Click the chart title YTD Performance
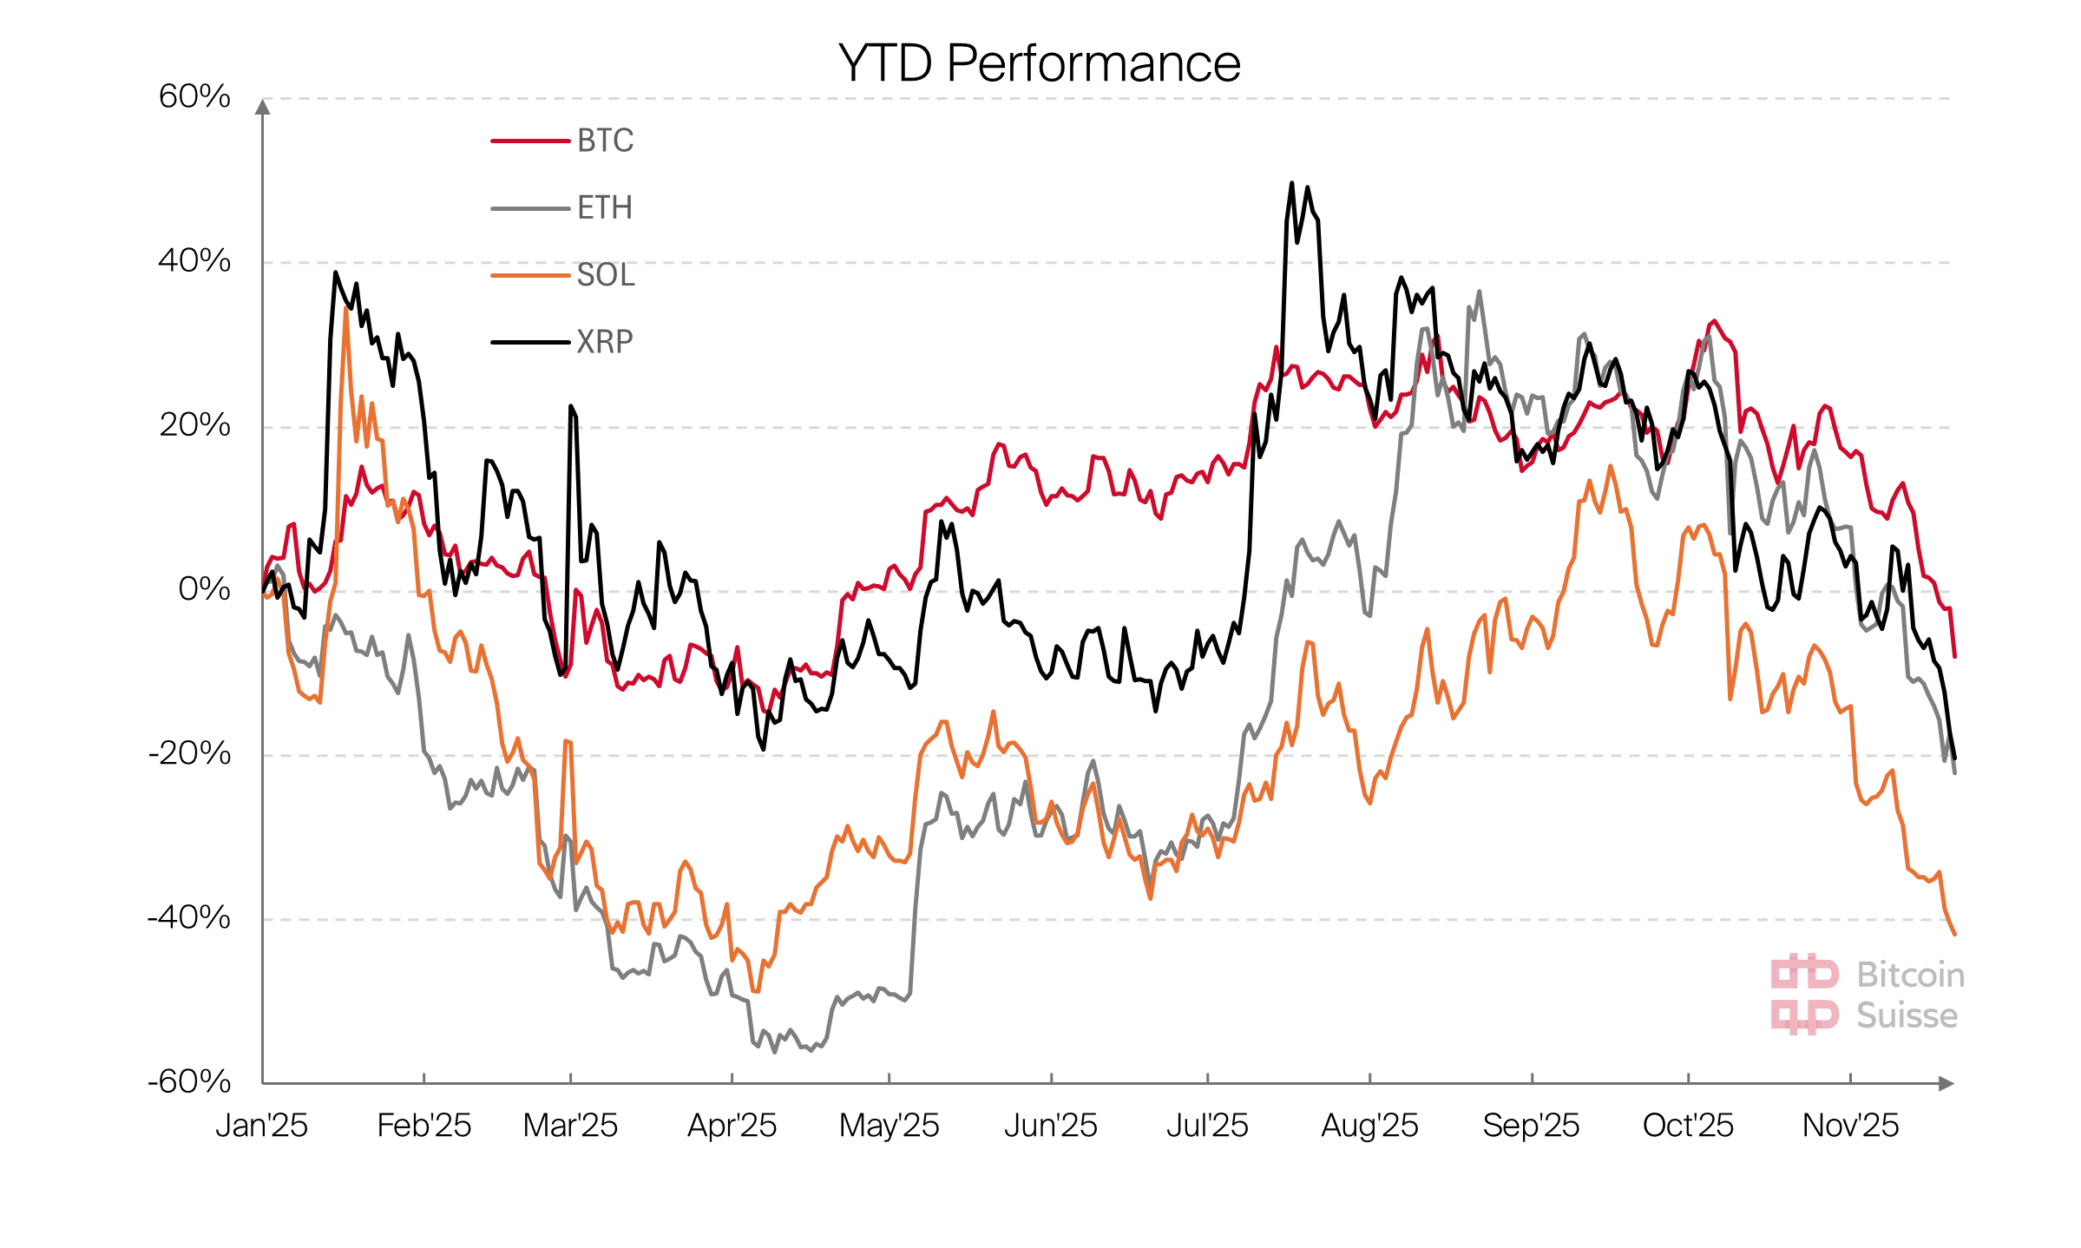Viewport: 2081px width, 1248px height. point(1039,63)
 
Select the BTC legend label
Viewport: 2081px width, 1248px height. point(605,141)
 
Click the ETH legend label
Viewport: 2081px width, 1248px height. point(604,208)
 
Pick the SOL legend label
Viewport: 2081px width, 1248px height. point(606,275)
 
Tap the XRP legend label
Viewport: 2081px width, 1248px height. point(605,342)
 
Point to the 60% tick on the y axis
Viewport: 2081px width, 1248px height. point(194,96)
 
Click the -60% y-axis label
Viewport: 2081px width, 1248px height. point(189,1081)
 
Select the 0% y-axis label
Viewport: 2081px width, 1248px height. point(204,589)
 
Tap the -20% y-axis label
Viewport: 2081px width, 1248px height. point(189,753)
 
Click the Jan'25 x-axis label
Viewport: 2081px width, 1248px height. point(261,1126)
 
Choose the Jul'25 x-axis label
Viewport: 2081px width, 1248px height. point(1206,1126)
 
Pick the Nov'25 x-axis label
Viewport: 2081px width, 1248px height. point(1850,1126)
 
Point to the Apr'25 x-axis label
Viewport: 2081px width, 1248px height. point(732,1126)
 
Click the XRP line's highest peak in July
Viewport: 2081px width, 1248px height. point(1291,183)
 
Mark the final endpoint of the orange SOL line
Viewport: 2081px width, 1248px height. point(1954,935)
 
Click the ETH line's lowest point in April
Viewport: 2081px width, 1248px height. point(775,1052)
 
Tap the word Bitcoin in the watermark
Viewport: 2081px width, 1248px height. point(1910,975)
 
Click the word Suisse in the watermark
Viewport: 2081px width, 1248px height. point(1907,1015)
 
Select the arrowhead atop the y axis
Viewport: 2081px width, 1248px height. point(263,107)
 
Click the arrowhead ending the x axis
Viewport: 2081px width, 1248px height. point(1946,1083)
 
